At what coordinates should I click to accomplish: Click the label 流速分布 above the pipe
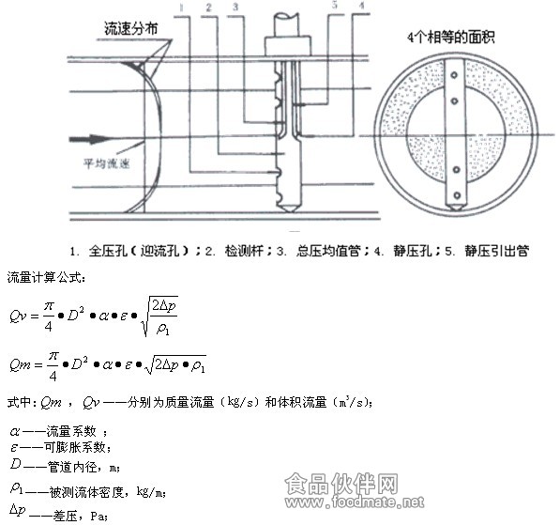131,28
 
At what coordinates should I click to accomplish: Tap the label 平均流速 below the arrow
106,163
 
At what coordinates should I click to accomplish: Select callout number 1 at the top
182,8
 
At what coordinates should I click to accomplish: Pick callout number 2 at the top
209,8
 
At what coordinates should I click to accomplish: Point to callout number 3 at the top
235,7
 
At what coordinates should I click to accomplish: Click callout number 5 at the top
334,5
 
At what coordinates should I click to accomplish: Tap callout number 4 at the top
361,5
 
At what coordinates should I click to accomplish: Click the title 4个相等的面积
450,38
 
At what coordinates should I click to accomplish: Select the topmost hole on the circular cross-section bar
454,75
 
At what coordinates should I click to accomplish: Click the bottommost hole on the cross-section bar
457,195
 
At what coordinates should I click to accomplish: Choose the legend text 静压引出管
496,251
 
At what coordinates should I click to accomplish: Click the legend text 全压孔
108,251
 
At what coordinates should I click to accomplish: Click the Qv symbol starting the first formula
18,317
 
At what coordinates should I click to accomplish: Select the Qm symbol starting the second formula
20,364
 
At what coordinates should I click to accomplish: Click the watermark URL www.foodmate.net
355,502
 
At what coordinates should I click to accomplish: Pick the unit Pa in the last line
98,516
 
